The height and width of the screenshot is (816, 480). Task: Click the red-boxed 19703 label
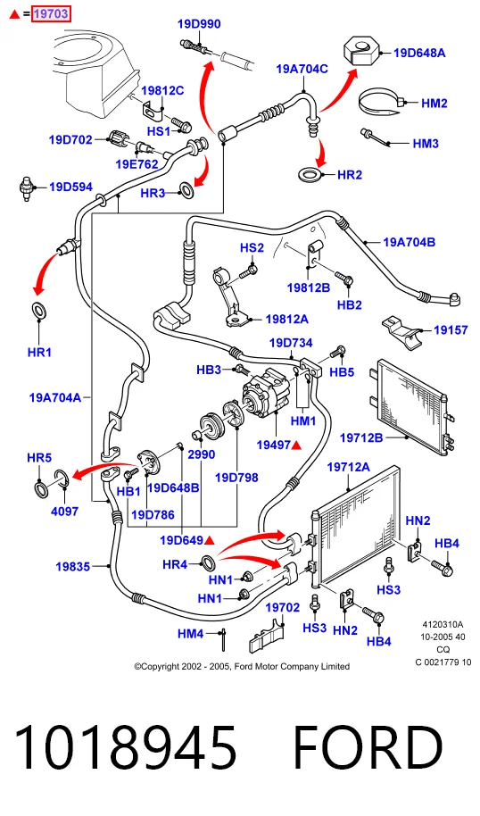tap(51, 14)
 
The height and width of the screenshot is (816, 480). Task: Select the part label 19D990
tap(199, 24)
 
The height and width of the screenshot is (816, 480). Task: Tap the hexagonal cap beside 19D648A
tap(360, 51)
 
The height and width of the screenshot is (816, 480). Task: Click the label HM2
tap(434, 103)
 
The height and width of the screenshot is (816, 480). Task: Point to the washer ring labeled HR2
tap(310, 174)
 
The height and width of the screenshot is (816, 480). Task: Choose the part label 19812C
tap(162, 90)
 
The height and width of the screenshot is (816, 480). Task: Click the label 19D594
tap(70, 187)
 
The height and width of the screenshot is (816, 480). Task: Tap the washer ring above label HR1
tap(38, 310)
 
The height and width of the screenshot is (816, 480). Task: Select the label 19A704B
tap(410, 242)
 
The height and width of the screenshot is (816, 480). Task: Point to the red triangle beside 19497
tap(296, 445)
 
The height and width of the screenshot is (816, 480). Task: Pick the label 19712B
tap(361, 437)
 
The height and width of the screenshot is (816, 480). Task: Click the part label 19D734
tap(291, 343)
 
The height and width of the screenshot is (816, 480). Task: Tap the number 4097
tap(64, 511)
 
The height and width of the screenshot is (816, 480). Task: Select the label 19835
tap(73, 566)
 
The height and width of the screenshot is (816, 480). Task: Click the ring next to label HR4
tap(209, 562)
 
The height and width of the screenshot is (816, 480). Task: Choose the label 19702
tap(283, 607)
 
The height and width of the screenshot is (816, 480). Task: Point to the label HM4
tap(191, 634)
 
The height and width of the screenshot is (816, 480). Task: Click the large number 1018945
tap(125, 747)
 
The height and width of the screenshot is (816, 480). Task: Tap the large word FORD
tap(368, 747)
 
